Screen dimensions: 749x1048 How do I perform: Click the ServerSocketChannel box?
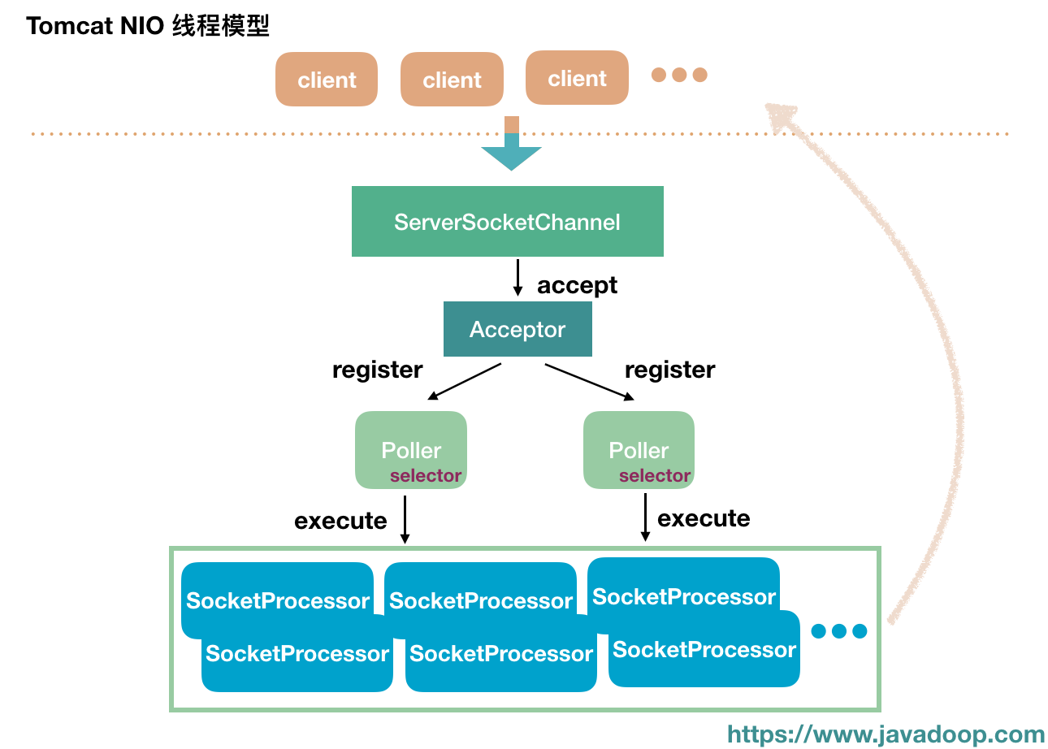tap(507, 221)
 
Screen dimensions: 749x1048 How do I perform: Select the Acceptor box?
tap(518, 329)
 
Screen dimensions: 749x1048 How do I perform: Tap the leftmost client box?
tap(327, 80)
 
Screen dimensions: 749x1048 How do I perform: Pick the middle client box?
tap(452, 80)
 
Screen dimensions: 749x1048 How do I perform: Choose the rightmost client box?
tap(577, 78)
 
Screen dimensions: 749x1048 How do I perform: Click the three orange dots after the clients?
tap(679, 75)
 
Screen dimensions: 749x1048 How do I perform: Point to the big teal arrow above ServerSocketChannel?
tap(511, 150)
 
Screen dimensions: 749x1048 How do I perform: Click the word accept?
tap(577, 285)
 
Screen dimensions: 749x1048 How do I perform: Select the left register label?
tap(377, 370)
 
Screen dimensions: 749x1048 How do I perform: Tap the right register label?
tap(669, 370)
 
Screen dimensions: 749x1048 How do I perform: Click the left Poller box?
tap(410, 449)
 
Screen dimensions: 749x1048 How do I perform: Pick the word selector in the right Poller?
tap(655, 476)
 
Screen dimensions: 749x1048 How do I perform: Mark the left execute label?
tap(340, 520)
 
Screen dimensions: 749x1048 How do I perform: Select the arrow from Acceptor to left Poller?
tap(464, 381)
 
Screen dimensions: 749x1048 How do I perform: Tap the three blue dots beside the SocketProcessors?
tap(839, 631)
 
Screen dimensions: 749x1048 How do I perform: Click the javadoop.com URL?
tap(886, 734)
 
